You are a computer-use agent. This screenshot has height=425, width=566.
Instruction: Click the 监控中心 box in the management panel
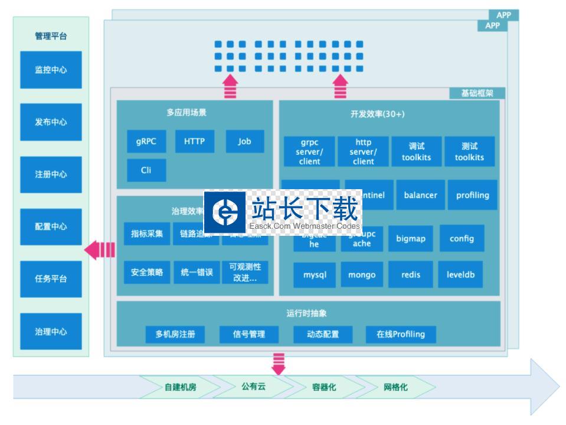(51, 70)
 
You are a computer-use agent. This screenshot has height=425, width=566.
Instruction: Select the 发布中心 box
(51, 122)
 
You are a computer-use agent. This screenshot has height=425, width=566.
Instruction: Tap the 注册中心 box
(51, 174)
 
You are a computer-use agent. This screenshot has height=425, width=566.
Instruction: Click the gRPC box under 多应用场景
(146, 142)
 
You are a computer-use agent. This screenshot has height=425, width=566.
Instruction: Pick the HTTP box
(194, 142)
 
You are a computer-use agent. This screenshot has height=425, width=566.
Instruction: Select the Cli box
(146, 170)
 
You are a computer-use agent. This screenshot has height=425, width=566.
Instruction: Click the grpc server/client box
(309, 152)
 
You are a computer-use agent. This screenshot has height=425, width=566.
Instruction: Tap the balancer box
(420, 195)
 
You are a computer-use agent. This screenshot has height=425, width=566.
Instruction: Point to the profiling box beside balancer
(472, 195)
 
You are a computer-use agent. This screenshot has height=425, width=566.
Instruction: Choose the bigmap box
(410, 239)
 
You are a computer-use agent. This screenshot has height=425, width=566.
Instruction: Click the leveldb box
(460, 275)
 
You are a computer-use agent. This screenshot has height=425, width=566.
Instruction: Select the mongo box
(361, 275)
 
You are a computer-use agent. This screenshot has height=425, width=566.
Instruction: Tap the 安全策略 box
(147, 272)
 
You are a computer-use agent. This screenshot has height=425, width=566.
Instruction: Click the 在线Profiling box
(401, 334)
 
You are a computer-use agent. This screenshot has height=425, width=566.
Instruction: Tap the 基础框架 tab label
(476, 93)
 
